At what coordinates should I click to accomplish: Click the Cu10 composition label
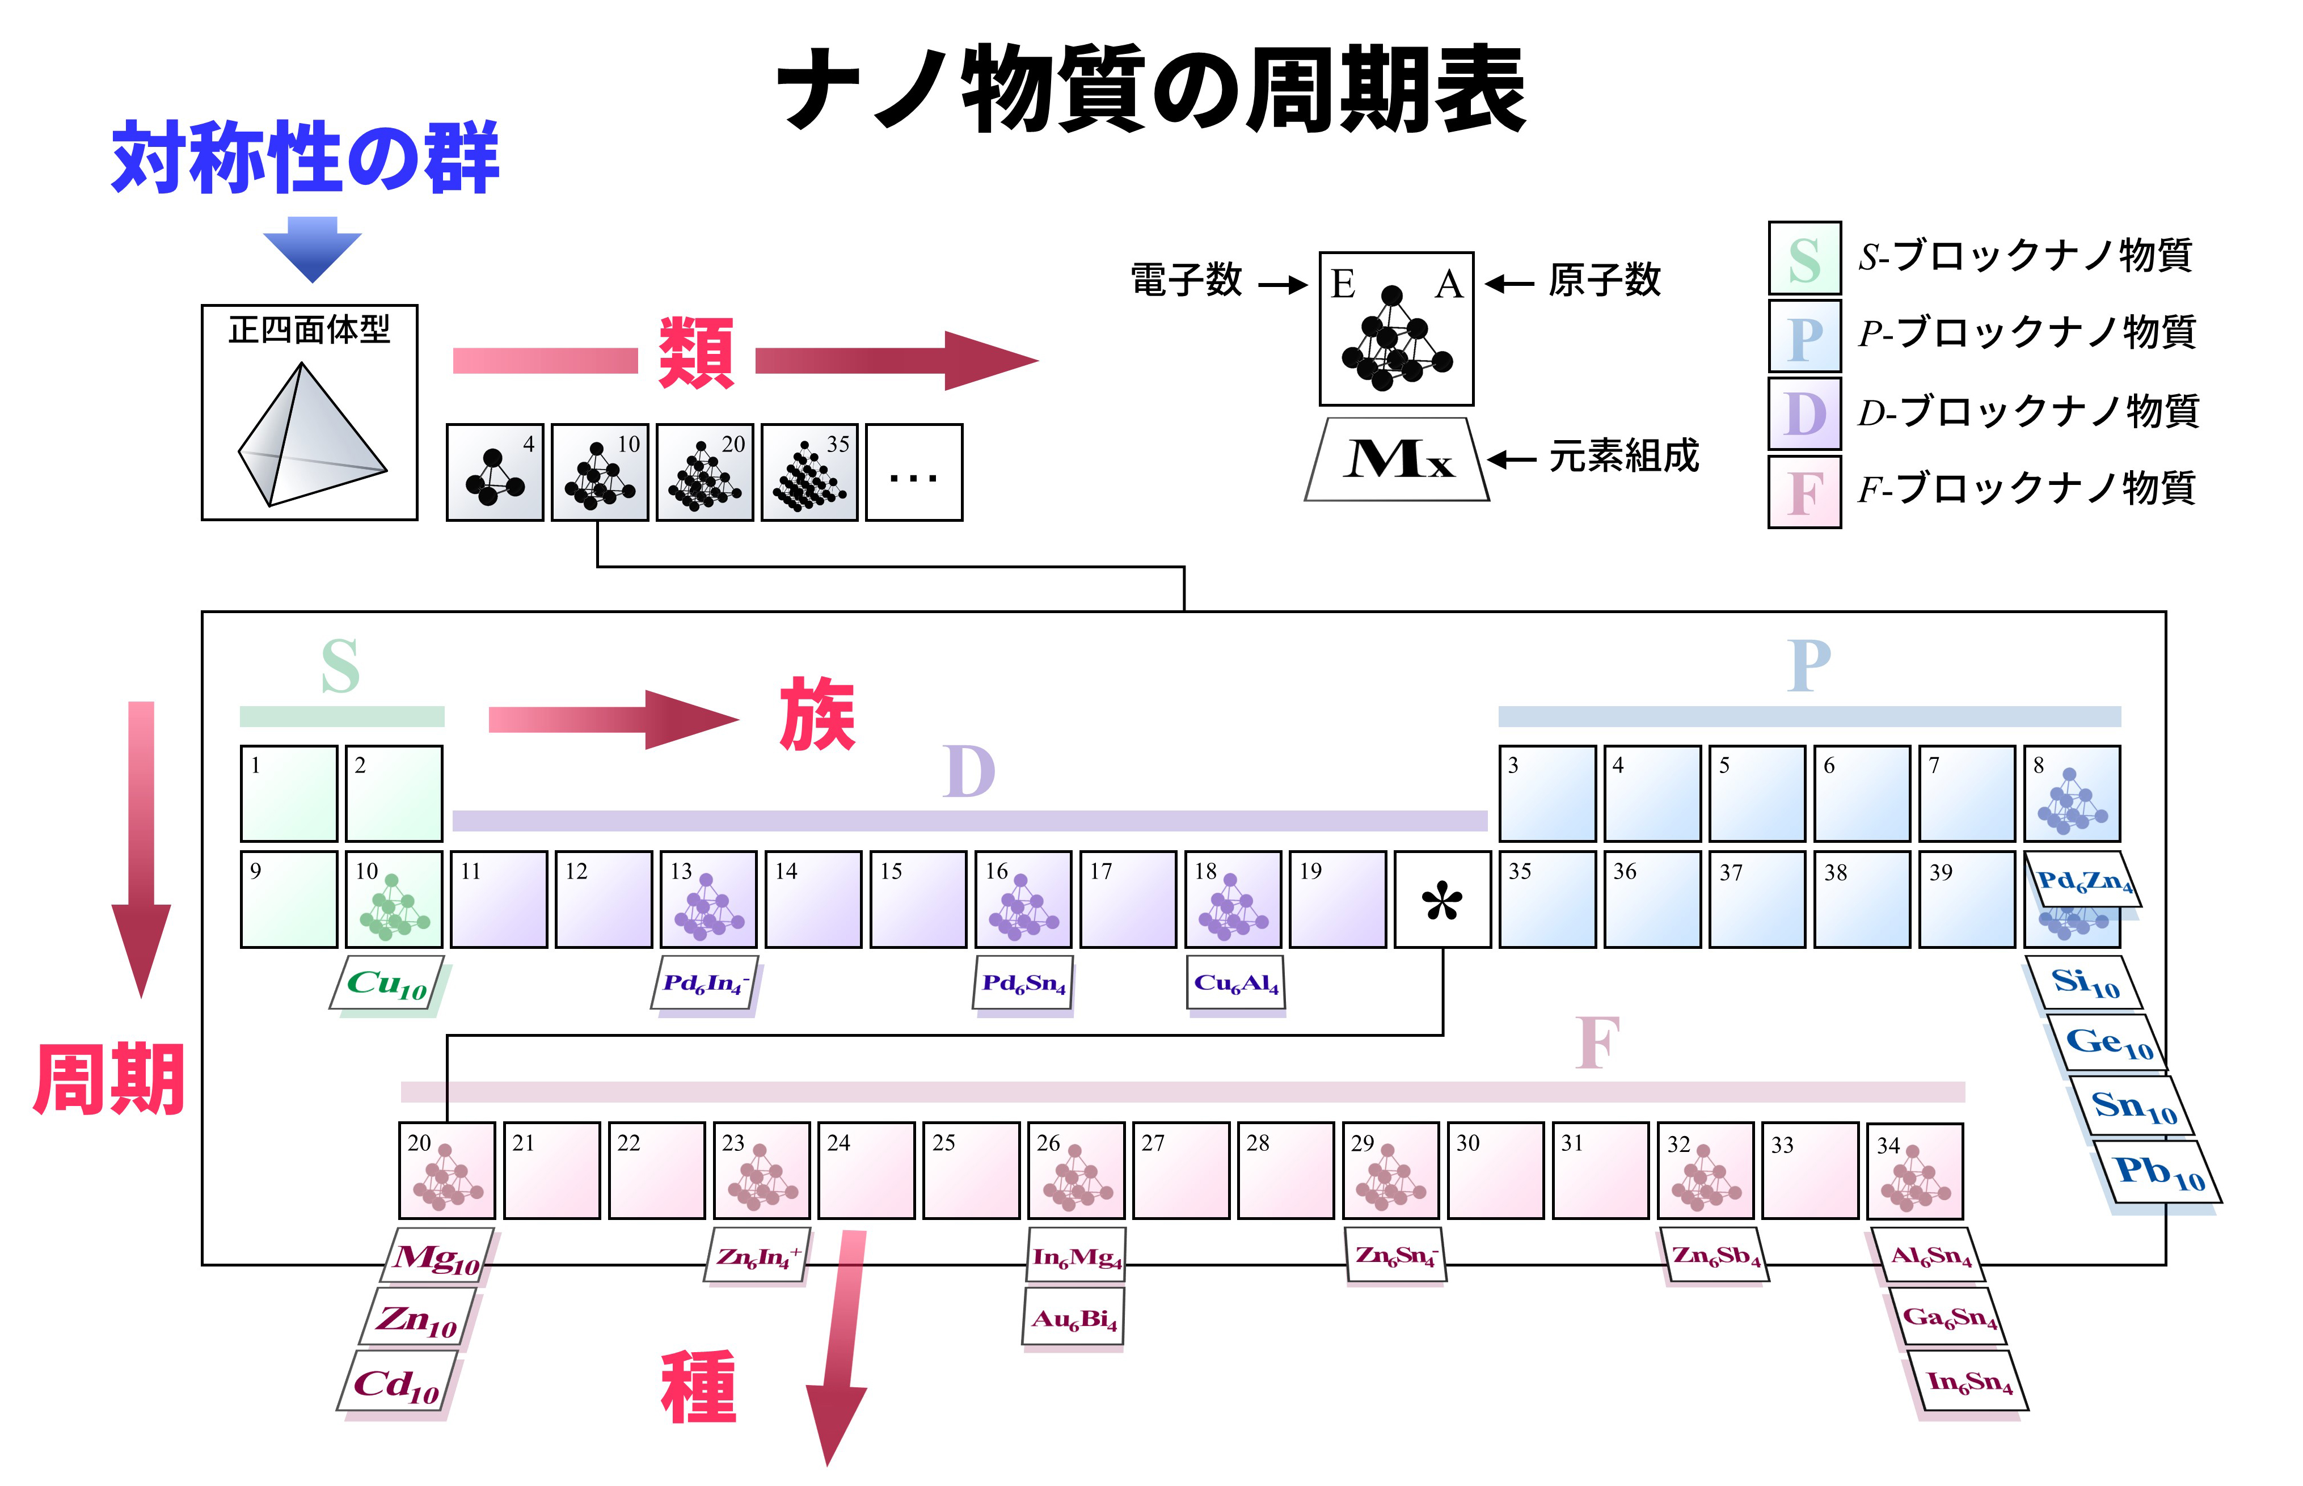(387, 983)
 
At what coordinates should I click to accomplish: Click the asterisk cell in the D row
(1442, 900)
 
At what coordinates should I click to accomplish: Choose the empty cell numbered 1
(289, 793)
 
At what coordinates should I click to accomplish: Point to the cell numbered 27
(1180, 1171)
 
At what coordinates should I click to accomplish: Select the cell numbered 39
(1965, 900)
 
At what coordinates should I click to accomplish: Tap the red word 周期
(109, 1080)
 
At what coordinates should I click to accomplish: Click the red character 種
(698, 1387)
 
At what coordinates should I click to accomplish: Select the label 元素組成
(1624, 455)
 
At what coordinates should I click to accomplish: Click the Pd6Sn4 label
(1023, 983)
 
